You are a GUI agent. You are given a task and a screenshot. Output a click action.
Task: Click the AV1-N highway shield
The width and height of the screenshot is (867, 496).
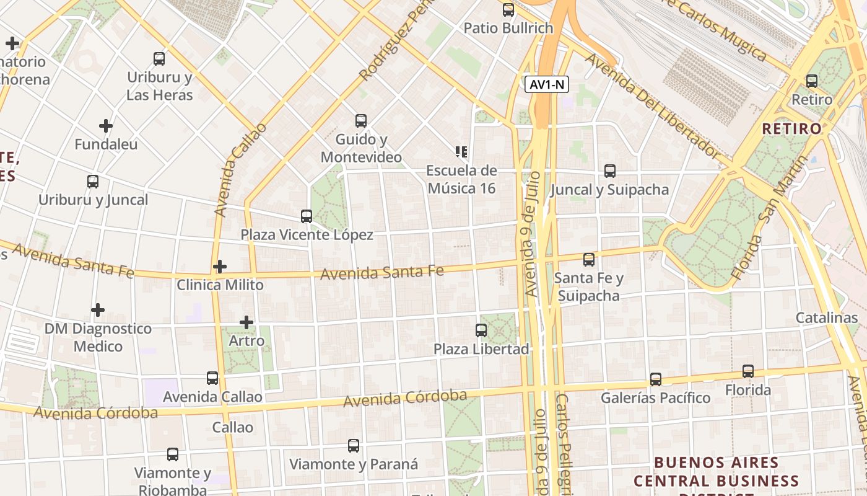point(547,85)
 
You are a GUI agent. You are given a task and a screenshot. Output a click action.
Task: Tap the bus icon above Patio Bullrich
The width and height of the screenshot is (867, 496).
point(508,10)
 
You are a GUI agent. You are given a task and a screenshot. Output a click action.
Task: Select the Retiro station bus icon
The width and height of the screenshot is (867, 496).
point(812,81)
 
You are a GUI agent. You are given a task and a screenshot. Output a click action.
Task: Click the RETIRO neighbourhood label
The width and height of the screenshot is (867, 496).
point(791,129)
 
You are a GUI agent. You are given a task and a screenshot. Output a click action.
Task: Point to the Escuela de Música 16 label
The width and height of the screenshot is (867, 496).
point(461,179)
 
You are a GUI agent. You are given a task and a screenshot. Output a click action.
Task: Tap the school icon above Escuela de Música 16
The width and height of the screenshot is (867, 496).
point(461,152)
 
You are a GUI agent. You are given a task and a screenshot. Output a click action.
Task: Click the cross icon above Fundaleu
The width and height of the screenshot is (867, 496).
point(106,126)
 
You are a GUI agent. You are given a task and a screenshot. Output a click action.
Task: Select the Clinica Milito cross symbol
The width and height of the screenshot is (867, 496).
point(219,267)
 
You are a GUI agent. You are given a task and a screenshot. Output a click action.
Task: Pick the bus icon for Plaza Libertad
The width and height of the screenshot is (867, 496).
point(481,330)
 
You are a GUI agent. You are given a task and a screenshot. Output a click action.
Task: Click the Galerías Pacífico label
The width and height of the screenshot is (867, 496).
point(655,397)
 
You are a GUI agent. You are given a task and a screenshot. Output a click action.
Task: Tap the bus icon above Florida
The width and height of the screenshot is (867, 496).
point(748,371)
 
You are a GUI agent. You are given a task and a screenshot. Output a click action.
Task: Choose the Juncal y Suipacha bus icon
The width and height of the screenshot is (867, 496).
point(610,171)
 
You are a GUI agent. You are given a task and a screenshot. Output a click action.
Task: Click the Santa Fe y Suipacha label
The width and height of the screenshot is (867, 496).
point(588,286)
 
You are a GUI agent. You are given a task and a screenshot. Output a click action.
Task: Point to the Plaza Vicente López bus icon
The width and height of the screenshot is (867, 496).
point(307,216)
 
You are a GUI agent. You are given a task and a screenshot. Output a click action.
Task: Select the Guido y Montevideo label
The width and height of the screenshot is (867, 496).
point(361,148)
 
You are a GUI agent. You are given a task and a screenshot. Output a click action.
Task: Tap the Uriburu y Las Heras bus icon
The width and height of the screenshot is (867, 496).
point(159,59)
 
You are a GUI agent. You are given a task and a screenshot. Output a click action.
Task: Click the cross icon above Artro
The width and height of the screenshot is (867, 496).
point(246,322)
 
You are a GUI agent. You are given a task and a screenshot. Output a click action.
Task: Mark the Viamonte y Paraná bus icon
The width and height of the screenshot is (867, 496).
point(354,445)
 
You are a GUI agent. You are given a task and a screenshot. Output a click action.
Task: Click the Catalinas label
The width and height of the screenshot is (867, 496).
point(827,318)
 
